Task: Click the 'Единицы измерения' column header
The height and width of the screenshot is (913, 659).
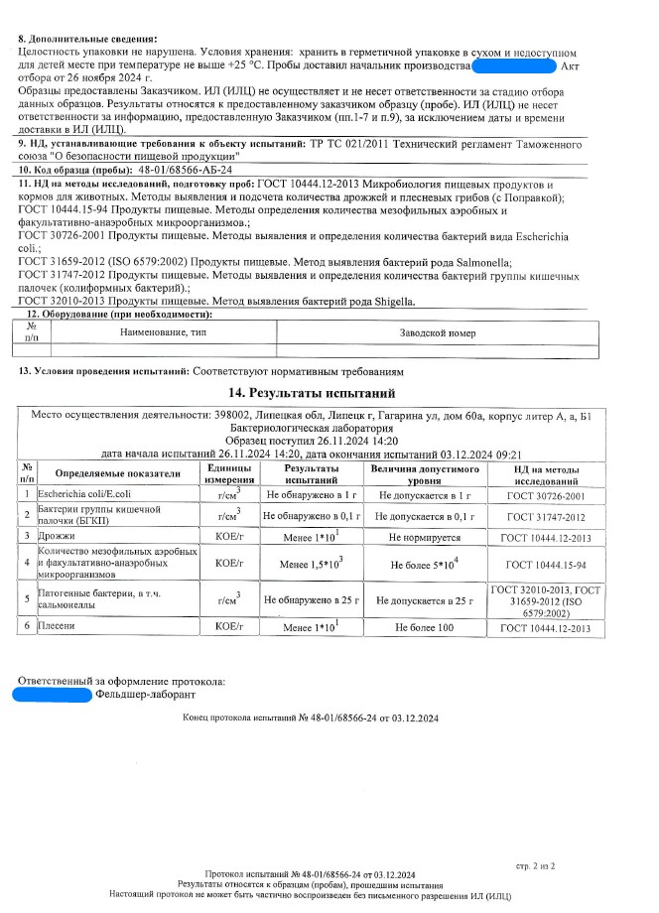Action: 230,473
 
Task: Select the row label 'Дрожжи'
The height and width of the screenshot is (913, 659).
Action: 58,536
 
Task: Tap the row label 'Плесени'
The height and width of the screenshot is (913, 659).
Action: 59,627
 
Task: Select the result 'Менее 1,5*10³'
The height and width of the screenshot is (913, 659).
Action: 312,564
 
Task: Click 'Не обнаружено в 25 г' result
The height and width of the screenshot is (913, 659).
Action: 312,600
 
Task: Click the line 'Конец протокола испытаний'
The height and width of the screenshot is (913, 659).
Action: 311,717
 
